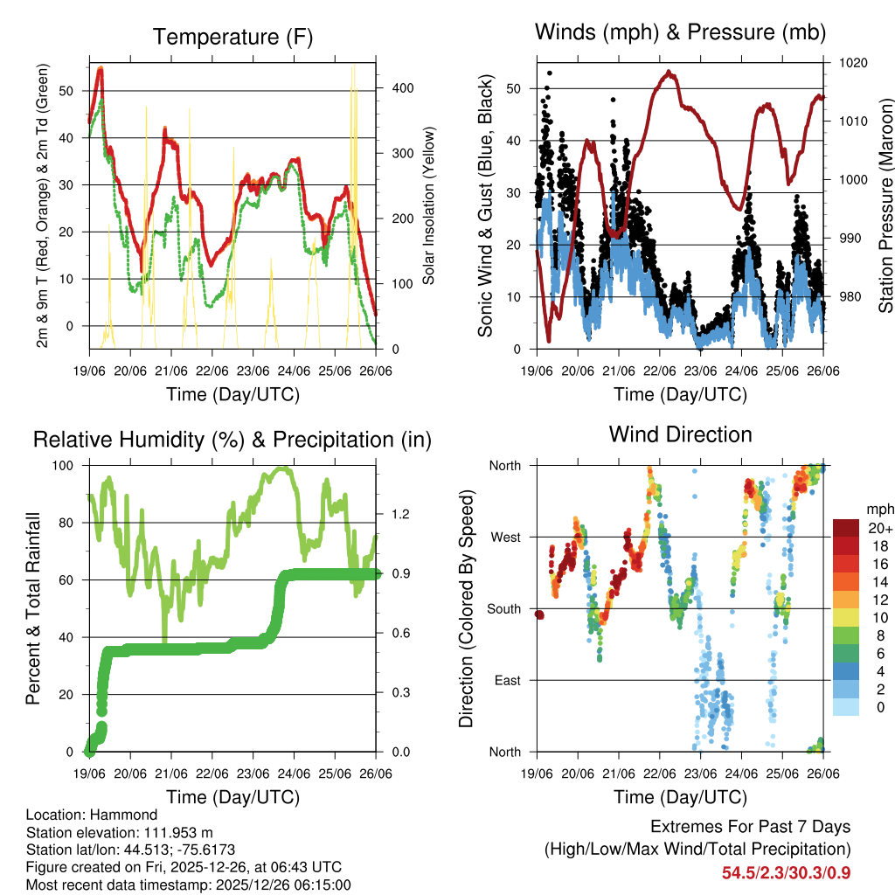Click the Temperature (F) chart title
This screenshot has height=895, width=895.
232,37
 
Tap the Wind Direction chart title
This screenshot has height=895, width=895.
680,434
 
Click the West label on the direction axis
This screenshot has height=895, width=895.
504,537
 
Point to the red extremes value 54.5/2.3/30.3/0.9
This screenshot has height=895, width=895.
786,873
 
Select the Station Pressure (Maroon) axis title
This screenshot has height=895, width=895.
885,205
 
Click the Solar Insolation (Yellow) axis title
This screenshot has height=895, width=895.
429,205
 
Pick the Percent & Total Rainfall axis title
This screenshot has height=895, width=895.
32,609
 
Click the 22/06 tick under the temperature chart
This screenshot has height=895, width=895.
212,371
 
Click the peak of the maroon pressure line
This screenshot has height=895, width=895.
670,72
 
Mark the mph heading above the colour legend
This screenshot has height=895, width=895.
879,508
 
